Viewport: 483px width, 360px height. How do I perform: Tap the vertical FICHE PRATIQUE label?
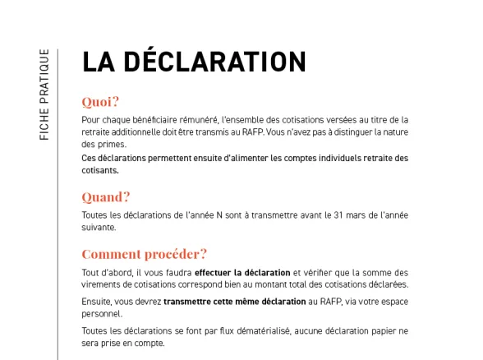[x=44, y=95]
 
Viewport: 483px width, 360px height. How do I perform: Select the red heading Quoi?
[x=100, y=102]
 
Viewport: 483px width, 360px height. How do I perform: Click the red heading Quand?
[x=106, y=196]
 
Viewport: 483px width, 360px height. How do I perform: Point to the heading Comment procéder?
[x=144, y=253]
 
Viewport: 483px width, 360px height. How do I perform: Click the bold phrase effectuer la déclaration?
[x=242, y=273]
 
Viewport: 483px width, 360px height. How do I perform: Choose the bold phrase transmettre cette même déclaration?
[x=234, y=302]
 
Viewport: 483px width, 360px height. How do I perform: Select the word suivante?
[x=99, y=228]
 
